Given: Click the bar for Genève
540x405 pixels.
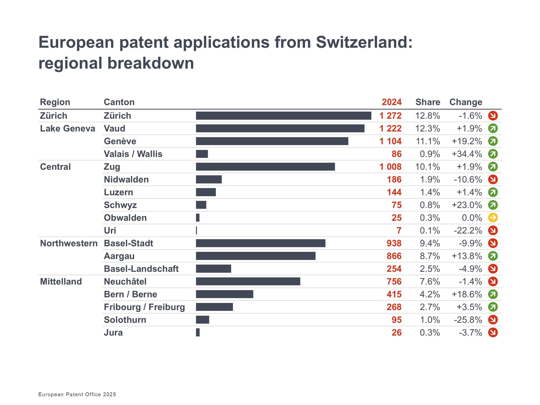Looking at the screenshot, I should [x=272, y=141].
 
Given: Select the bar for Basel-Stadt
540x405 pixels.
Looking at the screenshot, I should [x=261, y=243].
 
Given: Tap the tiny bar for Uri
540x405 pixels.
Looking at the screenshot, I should [x=196, y=230].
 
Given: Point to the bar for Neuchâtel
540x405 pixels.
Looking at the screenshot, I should [x=248, y=281].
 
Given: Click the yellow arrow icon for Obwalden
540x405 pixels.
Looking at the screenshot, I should [x=493, y=218].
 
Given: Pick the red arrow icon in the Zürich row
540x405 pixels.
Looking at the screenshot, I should [x=493, y=115].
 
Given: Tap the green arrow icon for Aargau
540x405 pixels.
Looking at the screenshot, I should [x=493, y=256].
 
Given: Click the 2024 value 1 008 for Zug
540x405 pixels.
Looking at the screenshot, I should [x=390, y=167].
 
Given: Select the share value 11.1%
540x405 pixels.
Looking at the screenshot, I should [x=428, y=141].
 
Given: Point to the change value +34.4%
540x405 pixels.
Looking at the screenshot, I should [x=467, y=154].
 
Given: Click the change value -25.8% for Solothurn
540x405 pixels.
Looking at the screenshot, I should [x=468, y=320].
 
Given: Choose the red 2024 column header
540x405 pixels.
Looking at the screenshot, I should [x=392, y=102].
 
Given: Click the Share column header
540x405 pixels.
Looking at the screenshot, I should [x=428, y=102].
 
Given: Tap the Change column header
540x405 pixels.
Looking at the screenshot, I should [x=466, y=102].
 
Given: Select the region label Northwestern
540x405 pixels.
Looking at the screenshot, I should [x=69, y=243].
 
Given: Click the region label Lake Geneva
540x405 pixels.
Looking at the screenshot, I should [x=67, y=128].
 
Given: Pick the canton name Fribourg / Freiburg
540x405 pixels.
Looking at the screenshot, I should [x=144, y=307].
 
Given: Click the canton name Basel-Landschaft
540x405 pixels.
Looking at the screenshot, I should [x=141, y=269].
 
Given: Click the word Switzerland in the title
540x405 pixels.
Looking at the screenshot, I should [x=364, y=42].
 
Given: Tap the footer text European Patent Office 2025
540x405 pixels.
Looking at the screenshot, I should [x=77, y=394].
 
